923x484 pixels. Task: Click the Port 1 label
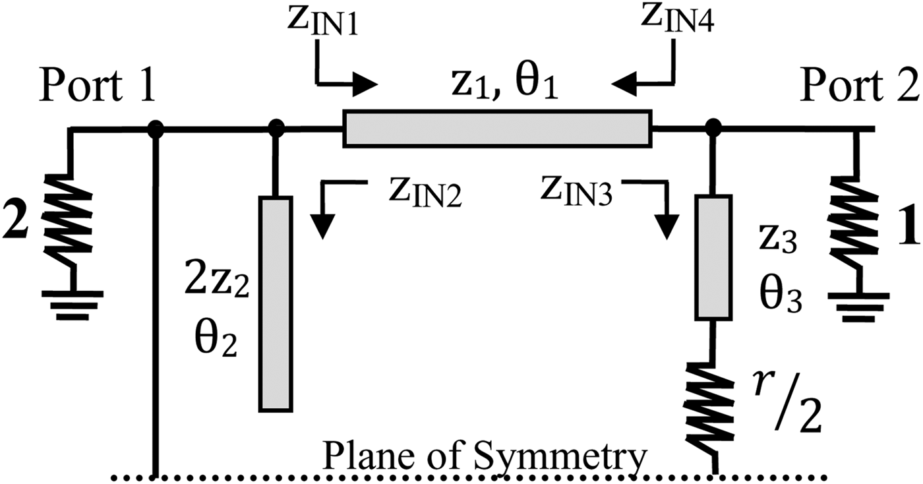(x=97, y=86)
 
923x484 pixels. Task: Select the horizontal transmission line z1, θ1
(x=497, y=129)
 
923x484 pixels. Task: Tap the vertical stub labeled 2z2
(x=275, y=304)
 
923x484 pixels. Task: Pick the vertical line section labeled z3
(x=713, y=257)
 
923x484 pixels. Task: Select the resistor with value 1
(x=858, y=221)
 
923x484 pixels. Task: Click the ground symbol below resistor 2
(x=71, y=305)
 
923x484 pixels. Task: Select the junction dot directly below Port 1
(x=155, y=129)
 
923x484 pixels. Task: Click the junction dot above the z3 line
(x=713, y=129)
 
